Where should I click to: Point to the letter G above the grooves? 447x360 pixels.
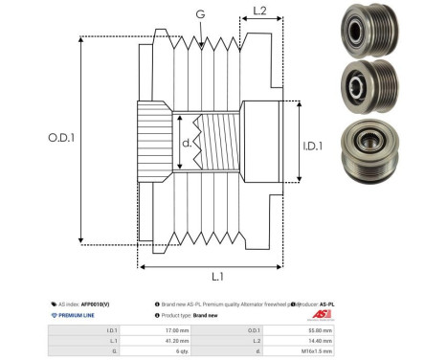tap(199, 14)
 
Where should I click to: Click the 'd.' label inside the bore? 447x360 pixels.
tap(187, 145)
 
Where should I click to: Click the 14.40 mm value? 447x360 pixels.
tap(319, 340)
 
